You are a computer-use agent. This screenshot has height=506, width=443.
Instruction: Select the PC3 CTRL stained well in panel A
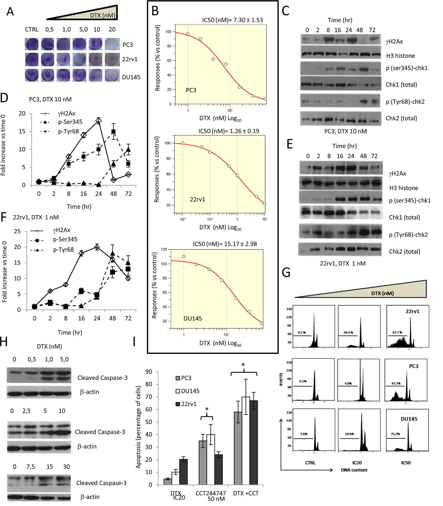[32, 44]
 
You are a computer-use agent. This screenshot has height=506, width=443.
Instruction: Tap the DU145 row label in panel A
[131, 77]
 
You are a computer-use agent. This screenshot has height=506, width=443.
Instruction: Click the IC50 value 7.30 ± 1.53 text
[232, 20]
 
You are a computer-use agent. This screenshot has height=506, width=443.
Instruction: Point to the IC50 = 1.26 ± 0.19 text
[229, 131]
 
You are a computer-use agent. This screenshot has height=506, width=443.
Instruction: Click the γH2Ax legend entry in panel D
[66, 113]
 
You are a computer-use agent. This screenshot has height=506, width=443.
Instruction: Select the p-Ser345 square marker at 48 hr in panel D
[113, 132]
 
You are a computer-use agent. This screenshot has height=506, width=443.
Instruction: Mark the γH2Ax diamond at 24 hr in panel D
[98, 121]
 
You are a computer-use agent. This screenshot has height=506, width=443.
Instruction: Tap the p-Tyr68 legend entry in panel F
[63, 250]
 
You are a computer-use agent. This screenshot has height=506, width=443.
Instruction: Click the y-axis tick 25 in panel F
[17, 231]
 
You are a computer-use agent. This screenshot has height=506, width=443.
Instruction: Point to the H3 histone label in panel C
[400, 56]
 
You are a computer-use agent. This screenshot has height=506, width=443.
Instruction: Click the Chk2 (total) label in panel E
[404, 251]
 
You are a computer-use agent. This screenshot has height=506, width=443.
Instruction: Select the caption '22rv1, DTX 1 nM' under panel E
[343, 263]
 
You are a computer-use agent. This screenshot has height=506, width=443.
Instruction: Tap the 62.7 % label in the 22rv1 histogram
[397, 332]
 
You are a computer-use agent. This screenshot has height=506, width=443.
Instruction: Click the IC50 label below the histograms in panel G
[406, 463]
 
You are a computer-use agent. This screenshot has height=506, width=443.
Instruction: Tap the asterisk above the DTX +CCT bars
[243, 365]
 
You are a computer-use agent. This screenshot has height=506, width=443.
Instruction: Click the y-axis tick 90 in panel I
[149, 372]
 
